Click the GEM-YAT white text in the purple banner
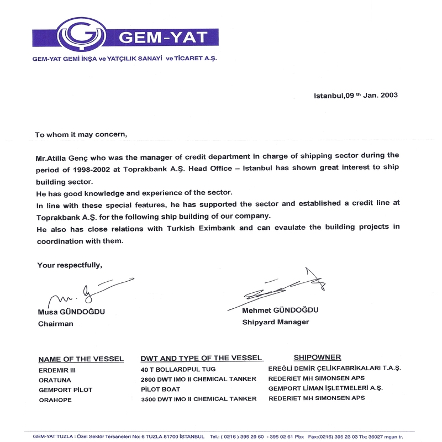pos(163,37)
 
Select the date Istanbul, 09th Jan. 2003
pos(356,95)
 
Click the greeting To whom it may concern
pos(81,134)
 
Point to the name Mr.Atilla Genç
pos(60,156)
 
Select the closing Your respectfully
pos(70,265)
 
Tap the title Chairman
pos(55,324)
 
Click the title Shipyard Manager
pos(275,322)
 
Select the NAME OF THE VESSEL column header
pos(81,359)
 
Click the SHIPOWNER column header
pos(317,357)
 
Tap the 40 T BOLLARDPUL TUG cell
pos(178,369)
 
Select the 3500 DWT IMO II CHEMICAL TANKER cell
pos(199,399)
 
